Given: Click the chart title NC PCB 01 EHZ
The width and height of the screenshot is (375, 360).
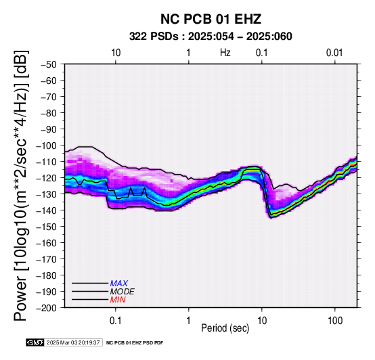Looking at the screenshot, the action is click(x=211, y=19).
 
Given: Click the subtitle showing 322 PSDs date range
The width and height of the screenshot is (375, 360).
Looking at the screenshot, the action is click(x=211, y=37).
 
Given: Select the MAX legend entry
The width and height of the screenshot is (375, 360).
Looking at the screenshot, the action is click(x=119, y=284).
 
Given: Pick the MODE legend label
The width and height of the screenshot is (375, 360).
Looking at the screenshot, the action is click(x=123, y=292).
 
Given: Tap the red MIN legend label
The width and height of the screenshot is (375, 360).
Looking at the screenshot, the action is click(x=118, y=300).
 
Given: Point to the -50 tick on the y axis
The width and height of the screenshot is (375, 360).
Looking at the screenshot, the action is click(x=49, y=64).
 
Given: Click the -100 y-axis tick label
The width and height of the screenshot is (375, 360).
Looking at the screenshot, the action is click(x=47, y=145).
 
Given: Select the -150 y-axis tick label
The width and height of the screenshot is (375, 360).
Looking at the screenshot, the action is click(x=47, y=227).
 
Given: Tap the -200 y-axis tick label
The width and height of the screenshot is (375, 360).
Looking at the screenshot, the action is click(x=47, y=308).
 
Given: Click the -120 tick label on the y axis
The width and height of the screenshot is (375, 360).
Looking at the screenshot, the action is click(x=47, y=178).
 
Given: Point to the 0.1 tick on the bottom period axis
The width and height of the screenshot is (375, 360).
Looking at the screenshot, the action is click(x=116, y=321).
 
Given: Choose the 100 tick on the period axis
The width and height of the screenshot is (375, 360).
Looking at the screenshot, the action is click(x=335, y=321).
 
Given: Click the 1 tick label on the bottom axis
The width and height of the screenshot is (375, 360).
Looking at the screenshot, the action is click(x=189, y=321).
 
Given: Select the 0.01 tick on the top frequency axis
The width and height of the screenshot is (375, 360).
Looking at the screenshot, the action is click(x=334, y=53).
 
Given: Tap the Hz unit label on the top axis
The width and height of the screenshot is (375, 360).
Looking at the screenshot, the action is click(x=225, y=53).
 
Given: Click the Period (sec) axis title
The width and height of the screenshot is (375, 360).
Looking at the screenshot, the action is click(x=225, y=328).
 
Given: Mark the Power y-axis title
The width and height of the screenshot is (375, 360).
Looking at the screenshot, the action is click(x=21, y=185).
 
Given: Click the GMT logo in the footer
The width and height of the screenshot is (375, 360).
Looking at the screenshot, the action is click(x=35, y=342).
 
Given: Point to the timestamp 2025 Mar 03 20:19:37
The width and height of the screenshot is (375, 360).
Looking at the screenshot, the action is click(x=73, y=342).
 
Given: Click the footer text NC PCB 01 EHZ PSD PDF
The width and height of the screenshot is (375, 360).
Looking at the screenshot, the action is click(x=135, y=343).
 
